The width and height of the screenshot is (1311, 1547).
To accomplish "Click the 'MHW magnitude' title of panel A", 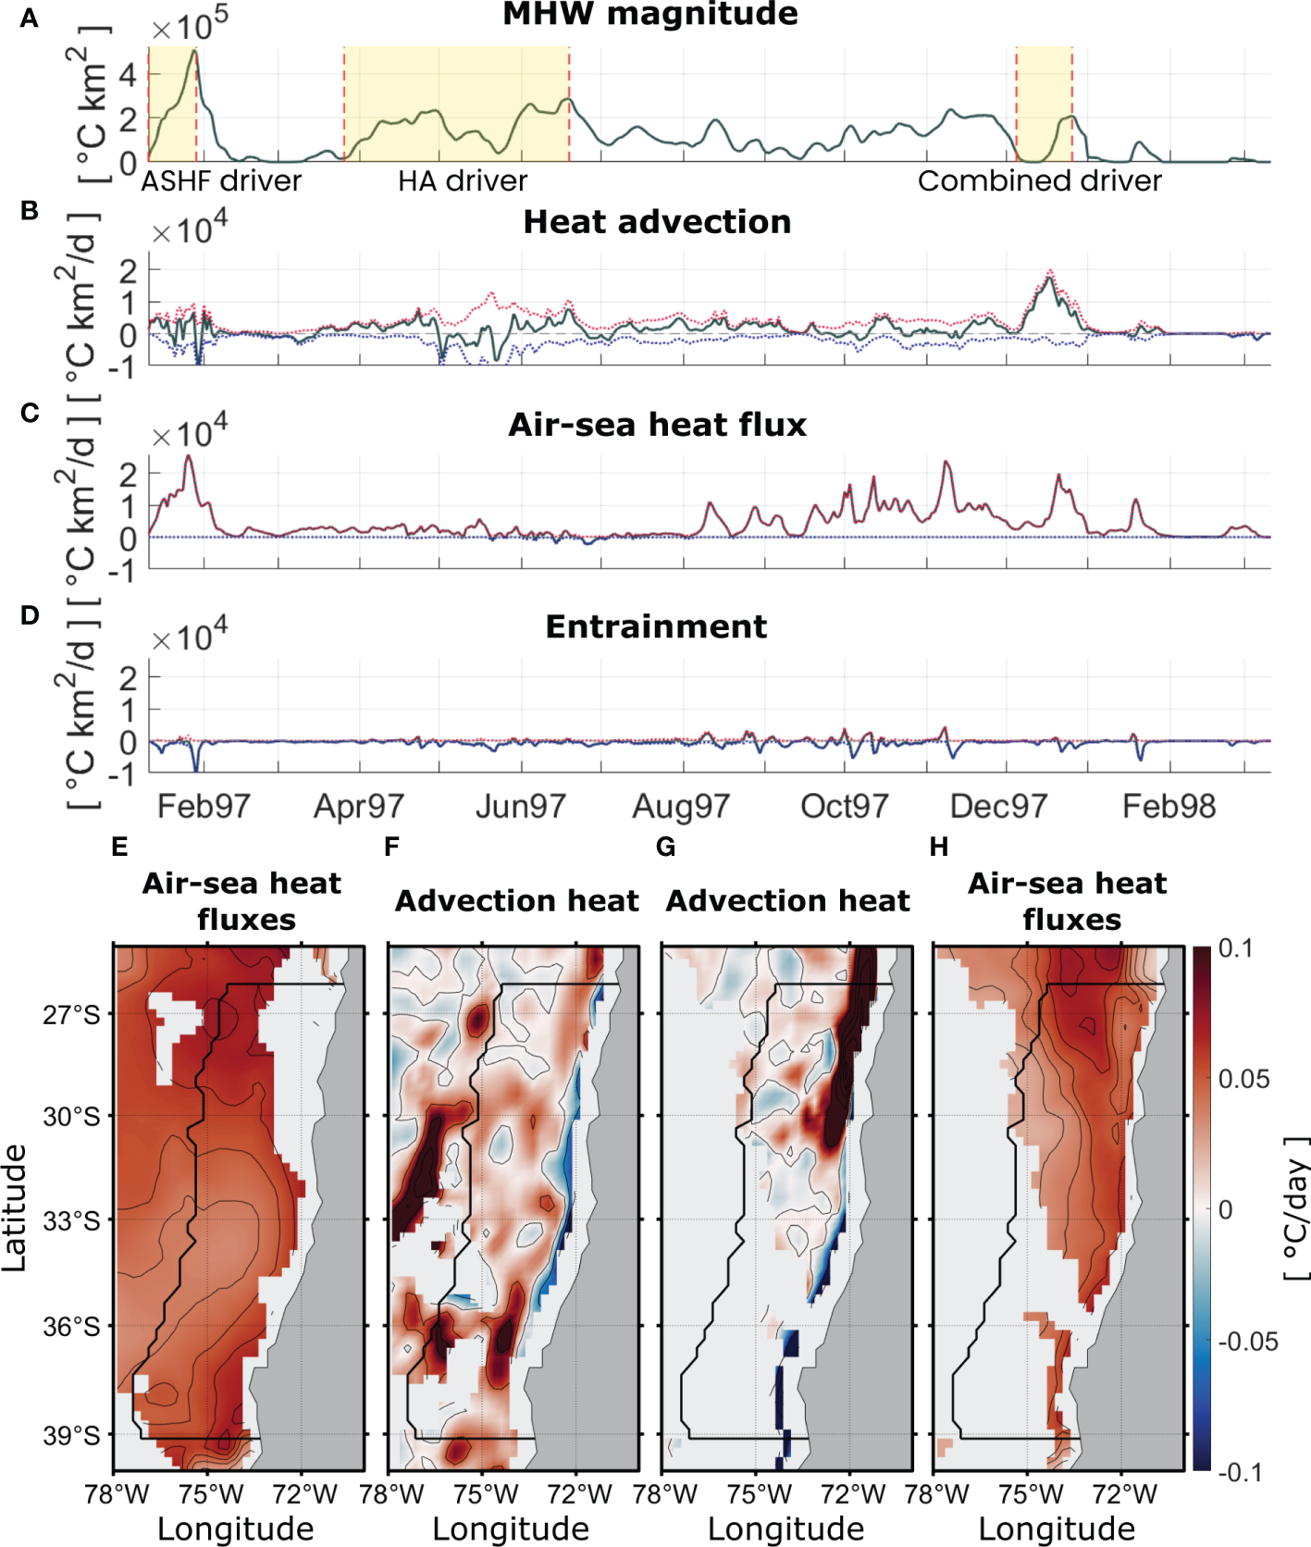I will point(650,15).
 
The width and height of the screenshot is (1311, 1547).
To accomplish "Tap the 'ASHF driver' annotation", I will point(221,181).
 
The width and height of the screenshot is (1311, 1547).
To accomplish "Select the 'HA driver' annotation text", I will point(463,181).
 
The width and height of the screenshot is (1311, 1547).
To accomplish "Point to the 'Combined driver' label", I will point(1039,181).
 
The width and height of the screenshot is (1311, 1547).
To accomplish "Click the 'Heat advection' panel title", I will point(657,222).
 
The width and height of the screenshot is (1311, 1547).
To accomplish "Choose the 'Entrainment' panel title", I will point(656,626).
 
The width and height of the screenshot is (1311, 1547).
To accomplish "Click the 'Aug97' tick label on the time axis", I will point(681,807).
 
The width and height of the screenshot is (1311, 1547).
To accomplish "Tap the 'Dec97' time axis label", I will point(998,807).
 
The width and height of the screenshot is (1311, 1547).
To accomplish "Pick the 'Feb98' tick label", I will point(1169,807).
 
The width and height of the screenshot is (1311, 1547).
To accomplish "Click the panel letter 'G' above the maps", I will point(664,848).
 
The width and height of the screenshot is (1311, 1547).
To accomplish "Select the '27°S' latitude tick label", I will point(71,1015).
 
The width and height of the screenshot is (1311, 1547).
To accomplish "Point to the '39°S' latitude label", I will point(71,1436).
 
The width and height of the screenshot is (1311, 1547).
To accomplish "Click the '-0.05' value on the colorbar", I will point(1247,1342).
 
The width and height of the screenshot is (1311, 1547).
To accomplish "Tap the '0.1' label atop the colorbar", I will point(1235,948).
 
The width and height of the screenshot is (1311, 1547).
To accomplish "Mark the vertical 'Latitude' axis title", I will point(15,1207).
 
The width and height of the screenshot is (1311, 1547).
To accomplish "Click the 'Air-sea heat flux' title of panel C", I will point(657,425).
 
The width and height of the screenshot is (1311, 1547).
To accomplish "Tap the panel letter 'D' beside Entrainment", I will point(30,615).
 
